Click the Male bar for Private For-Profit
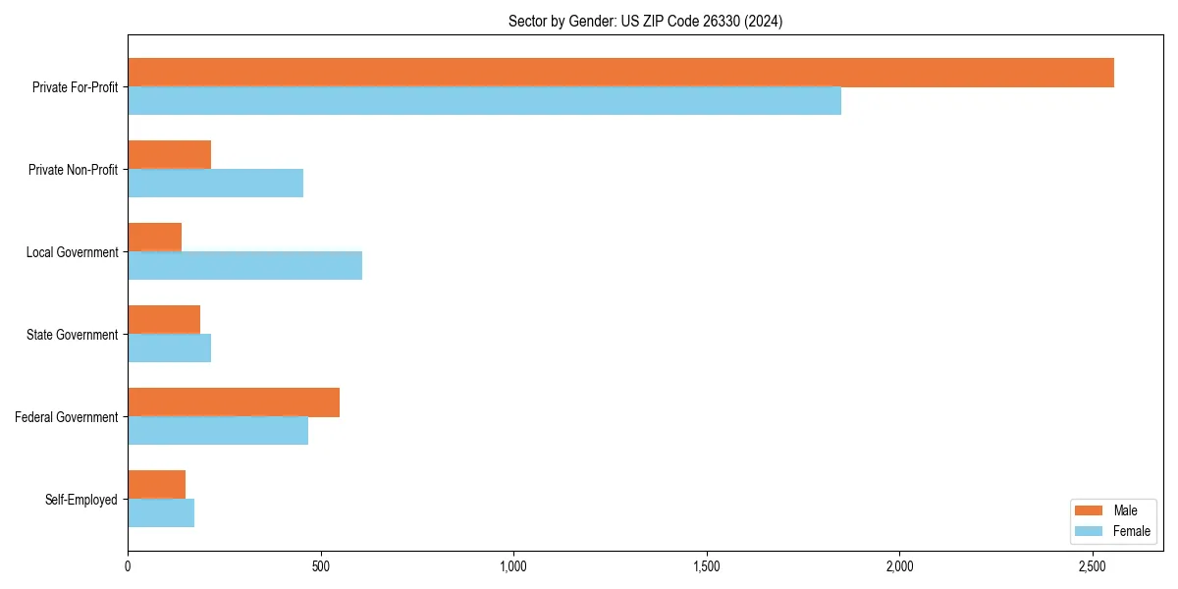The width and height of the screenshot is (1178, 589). point(620,73)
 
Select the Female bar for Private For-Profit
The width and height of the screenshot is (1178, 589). point(484,101)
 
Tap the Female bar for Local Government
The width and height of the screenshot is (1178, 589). point(244,266)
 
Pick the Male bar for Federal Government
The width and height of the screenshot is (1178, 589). point(234,402)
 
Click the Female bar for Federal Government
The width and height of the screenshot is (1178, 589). point(218,431)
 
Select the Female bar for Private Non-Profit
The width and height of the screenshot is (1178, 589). point(215,184)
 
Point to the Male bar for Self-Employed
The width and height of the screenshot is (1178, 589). point(156,485)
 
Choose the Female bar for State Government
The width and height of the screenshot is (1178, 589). point(169,348)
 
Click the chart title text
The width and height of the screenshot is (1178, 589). point(645,21)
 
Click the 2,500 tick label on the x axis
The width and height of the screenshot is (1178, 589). point(1093,566)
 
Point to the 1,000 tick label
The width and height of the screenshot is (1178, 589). point(513,566)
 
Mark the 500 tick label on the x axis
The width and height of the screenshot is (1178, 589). point(321,566)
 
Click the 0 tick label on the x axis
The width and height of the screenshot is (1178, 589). point(128,566)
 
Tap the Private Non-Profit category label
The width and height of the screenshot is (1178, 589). point(73,170)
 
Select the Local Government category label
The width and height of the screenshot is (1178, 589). point(72,252)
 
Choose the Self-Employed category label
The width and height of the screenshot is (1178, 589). point(80,500)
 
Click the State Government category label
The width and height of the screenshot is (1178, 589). point(72,335)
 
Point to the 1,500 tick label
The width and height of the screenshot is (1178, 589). point(707,566)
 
